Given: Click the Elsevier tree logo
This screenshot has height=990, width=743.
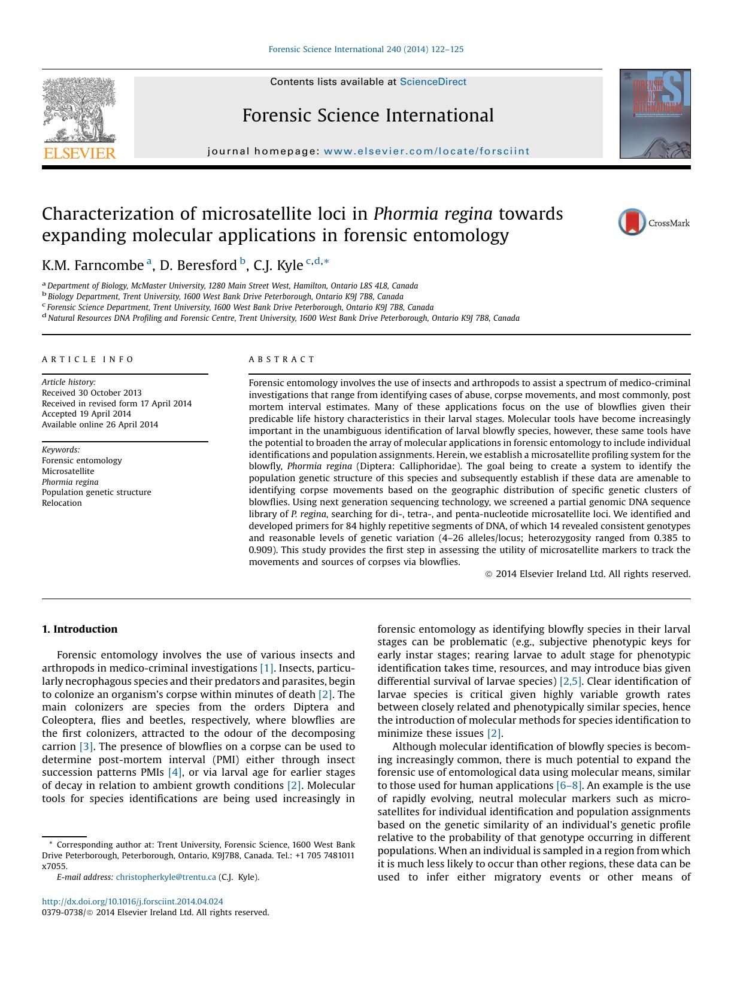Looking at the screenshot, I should pos(79,110).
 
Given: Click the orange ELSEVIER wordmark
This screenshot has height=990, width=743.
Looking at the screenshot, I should pos(79,153).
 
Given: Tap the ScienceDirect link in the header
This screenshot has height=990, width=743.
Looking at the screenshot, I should pos(432,82).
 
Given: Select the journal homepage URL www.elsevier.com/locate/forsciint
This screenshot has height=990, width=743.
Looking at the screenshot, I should pos(426,151).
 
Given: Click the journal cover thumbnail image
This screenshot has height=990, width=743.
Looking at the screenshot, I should pos(654,114).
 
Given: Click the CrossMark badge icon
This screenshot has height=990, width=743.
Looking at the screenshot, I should pos(632,222).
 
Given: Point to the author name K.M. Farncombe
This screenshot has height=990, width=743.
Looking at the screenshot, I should pos(93,265).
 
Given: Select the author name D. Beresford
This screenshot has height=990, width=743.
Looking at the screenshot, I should pos(198,265).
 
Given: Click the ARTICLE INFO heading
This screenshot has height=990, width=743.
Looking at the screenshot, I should pos(88,360).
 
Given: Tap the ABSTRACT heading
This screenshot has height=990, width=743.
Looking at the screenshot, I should pos(281,360).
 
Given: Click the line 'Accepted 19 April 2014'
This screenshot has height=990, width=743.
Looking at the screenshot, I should pos(86,414).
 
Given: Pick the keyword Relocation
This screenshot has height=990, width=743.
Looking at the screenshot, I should pos(62,503).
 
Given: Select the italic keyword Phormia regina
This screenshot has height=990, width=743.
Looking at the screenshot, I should pos(70,482).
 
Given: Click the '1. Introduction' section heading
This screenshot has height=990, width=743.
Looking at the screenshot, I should pos(80,629).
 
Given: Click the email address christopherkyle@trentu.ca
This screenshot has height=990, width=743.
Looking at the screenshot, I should pos(165,877).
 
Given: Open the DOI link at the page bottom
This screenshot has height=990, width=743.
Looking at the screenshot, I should pos(132,901).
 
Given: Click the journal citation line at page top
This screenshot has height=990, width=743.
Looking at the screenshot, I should pos(366,49).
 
